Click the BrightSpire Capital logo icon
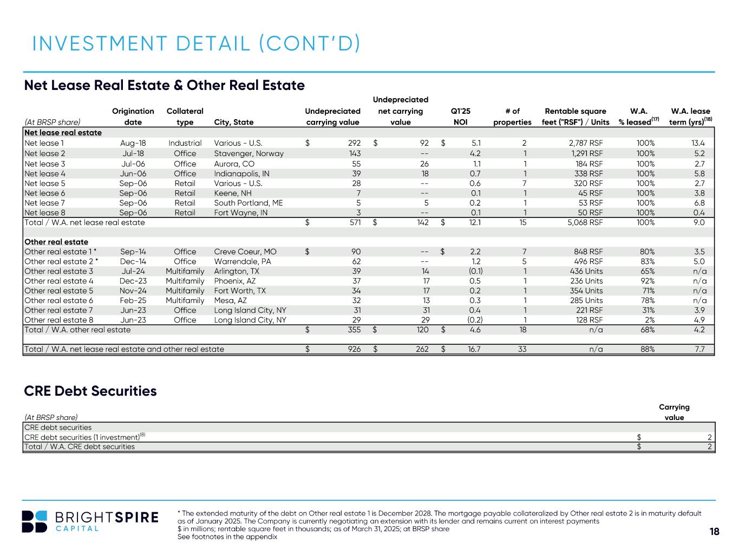pyautogui.click(x=34, y=521)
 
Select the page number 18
pyautogui.click(x=714, y=531)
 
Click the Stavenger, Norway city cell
pyautogui.click(x=249, y=153)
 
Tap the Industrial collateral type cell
pyautogui.click(x=185, y=143)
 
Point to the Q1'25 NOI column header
pyautogui.click(x=460, y=116)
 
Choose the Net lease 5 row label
pyautogui.click(x=45, y=183)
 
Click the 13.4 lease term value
pyautogui.click(x=698, y=143)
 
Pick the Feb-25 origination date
pyautogui.click(x=133, y=300)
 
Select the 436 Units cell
pyautogui.click(x=586, y=271)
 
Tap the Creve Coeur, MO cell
pyautogui.click(x=245, y=251)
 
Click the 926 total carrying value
pyautogui.click(x=354, y=349)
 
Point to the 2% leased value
pyautogui.click(x=650, y=320)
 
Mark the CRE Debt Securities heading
pyautogui.click(x=90, y=391)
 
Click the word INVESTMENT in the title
pyautogui.click(x=100, y=43)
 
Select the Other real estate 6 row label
pyautogui.click(x=59, y=300)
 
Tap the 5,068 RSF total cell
pyautogui.click(x=585, y=222)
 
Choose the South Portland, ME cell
pyautogui.click(x=248, y=203)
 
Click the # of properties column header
pyautogui.click(x=512, y=116)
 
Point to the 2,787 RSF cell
pyautogui.click(x=586, y=143)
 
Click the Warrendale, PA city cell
pyautogui.click(x=243, y=261)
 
